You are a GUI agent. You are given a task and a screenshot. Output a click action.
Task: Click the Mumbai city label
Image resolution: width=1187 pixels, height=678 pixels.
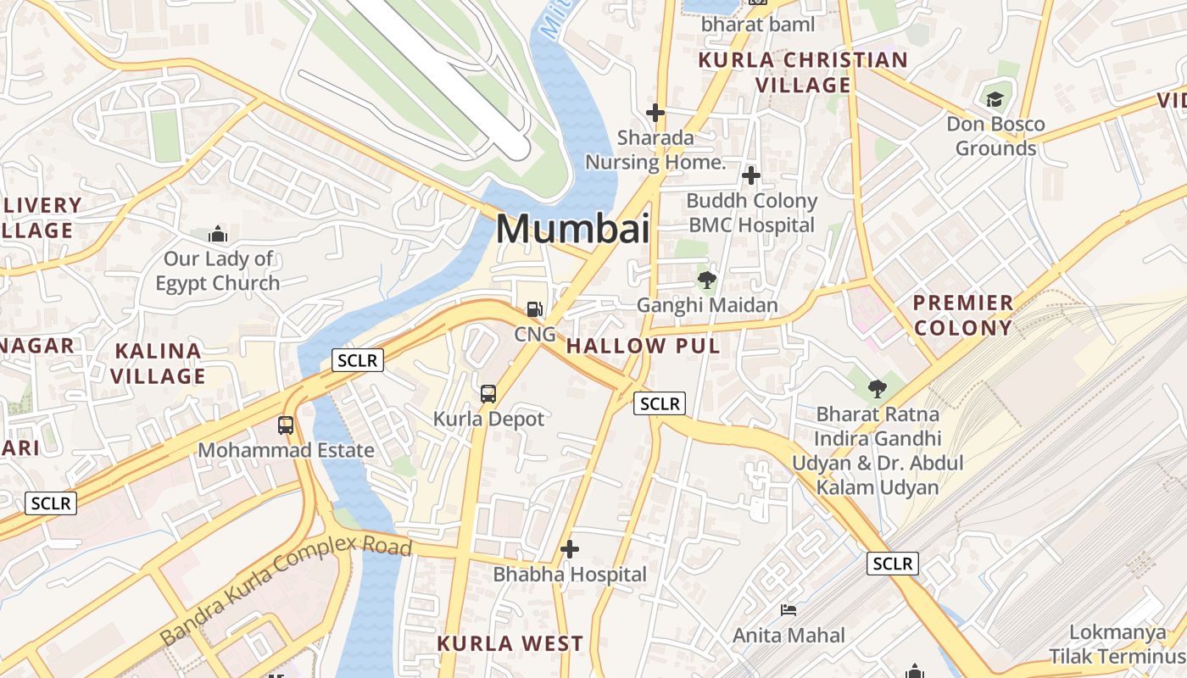tap(572, 229)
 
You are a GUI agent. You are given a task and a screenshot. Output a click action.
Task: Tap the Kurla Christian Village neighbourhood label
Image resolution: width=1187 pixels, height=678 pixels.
tap(803, 72)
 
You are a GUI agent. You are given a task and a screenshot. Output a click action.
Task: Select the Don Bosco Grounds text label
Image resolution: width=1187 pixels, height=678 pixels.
tap(995, 136)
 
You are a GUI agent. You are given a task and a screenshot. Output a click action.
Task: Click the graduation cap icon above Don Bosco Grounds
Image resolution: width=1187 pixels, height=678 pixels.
tap(995, 99)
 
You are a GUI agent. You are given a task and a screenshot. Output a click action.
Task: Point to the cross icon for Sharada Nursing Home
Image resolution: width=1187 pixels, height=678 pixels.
tap(655, 112)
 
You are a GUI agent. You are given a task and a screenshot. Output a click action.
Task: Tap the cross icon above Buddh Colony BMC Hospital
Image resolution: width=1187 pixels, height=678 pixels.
tap(751, 175)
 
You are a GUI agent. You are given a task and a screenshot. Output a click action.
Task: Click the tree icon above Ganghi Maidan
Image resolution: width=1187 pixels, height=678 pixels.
tap(706, 280)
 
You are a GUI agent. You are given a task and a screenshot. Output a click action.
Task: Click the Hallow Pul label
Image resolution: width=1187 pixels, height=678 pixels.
tap(643, 346)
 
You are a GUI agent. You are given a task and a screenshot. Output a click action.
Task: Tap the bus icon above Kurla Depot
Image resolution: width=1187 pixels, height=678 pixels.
tap(488, 393)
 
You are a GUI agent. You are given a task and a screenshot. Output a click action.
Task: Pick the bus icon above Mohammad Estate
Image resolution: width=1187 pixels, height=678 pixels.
tap(286, 425)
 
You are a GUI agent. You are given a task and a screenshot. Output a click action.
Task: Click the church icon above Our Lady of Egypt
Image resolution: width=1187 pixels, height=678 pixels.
tap(219, 234)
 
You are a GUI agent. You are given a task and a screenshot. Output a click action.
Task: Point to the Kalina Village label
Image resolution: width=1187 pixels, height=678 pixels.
tap(159, 363)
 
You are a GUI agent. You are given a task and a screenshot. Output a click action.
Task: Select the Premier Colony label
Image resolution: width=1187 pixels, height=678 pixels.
tap(963, 315)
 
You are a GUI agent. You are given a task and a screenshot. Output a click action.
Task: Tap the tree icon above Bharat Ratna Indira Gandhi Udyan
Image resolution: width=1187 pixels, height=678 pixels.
tap(877, 389)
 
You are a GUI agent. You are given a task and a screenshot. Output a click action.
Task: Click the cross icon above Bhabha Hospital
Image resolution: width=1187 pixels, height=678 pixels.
tap(570, 549)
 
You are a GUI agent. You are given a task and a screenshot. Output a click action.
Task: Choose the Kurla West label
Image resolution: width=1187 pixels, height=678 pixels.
tap(510, 643)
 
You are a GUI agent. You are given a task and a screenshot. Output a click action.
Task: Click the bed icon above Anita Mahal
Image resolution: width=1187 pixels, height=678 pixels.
tap(789, 610)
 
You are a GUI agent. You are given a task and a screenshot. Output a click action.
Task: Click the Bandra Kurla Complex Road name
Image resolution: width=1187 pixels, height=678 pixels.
tap(286, 589)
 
